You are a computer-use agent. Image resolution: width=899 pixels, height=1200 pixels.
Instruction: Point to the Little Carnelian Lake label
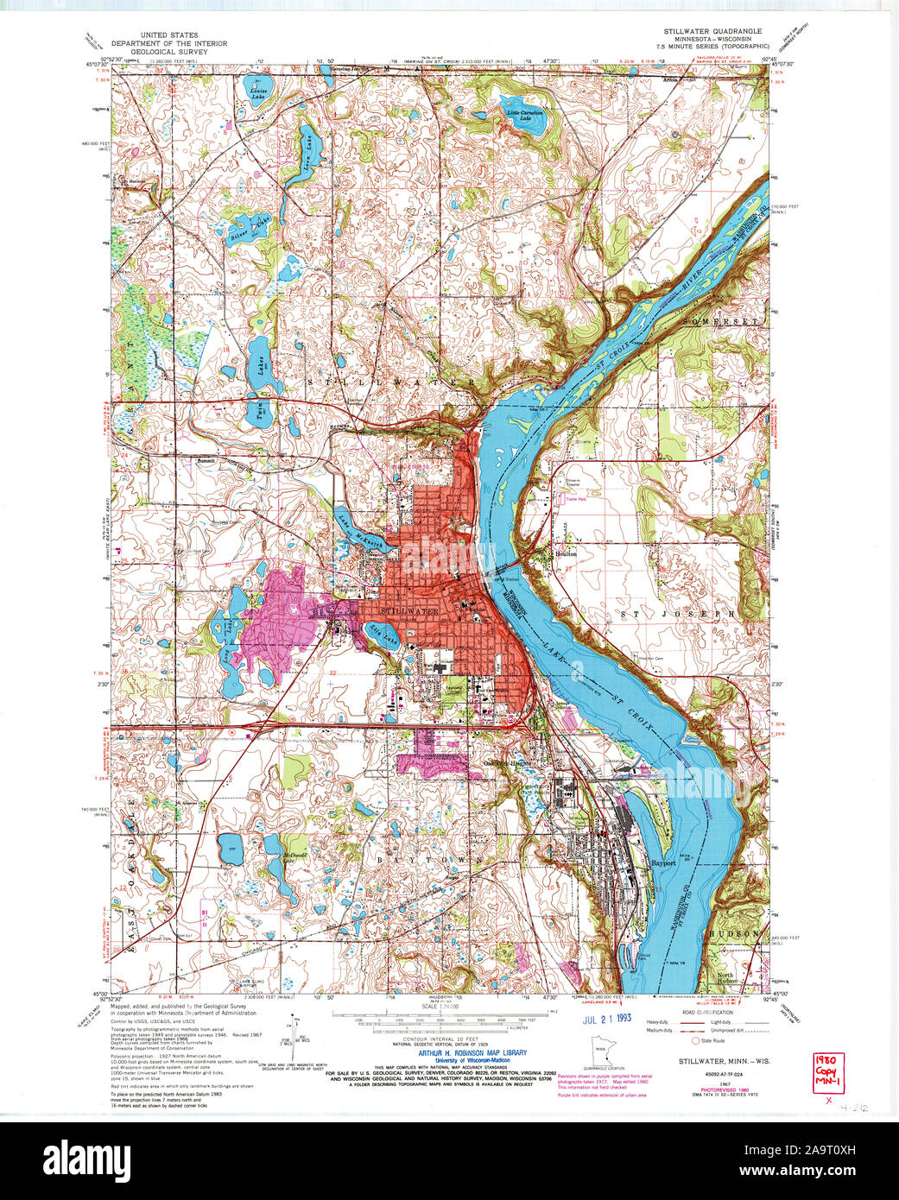pyautogui.click(x=525, y=116)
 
